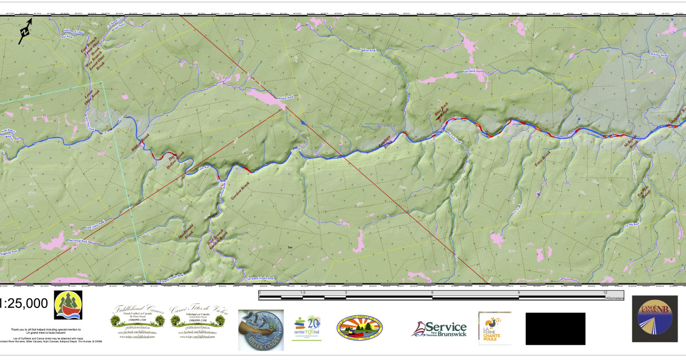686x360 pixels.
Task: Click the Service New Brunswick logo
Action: coord(438,329)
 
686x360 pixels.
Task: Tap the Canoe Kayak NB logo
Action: coord(658,326)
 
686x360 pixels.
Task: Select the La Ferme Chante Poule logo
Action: coord(492,328)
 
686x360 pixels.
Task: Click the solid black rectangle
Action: coord(555,329)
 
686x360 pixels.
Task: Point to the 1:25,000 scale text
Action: coord(24,303)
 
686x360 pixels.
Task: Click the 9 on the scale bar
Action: coord(519,292)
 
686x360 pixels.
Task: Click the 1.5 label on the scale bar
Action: coord(302,292)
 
